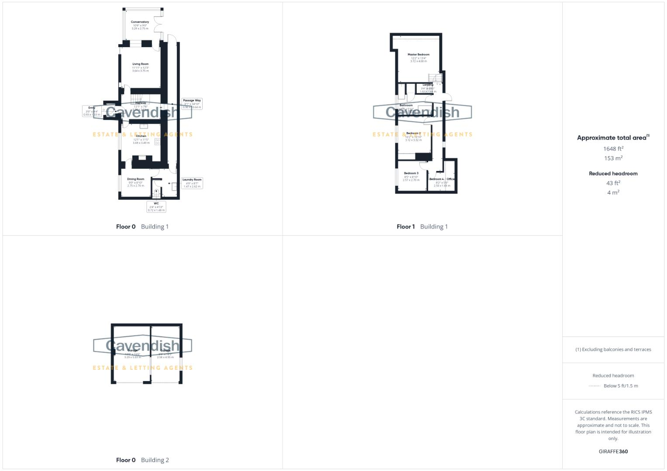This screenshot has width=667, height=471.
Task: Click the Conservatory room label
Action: tap(140, 22)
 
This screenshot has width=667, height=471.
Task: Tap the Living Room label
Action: tap(140, 64)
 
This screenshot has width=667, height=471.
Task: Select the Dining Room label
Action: tap(135, 179)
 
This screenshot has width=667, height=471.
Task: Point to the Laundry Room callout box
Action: tap(192, 183)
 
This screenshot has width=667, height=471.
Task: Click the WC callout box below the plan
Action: tap(156, 207)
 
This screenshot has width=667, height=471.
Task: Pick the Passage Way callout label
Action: tap(192, 103)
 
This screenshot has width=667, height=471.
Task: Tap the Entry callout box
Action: tap(92, 111)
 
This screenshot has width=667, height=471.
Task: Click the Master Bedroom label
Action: tap(418, 55)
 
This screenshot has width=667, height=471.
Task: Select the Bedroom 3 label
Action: tap(411, 174)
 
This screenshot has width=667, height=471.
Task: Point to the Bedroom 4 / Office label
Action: tap(442, 179)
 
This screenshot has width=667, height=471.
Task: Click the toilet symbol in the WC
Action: tap(156, 192)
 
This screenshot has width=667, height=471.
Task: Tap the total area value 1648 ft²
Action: tap(613, 149)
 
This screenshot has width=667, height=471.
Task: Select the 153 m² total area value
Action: tap(613, 158)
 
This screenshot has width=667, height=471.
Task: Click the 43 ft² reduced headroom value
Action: tap(613, 183)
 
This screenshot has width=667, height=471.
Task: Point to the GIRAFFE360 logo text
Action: tap(613, 451)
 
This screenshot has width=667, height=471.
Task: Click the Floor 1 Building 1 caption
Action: tap(422, 227)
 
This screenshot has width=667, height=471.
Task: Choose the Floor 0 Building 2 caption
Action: tap(142, 460)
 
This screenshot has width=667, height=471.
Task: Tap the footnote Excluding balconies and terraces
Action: tap(613, 349)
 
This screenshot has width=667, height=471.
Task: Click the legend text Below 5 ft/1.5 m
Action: tap(620, 386)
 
